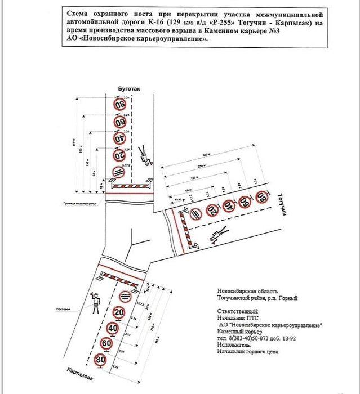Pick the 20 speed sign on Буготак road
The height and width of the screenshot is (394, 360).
pos(119,155)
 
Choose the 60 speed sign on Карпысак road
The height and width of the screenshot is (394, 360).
pos(106,343)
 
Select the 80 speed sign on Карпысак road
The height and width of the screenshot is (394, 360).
pos(101,359)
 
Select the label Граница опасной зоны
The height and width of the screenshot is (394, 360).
pos(78,202)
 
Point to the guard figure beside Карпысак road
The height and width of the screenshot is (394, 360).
pos(96,303)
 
